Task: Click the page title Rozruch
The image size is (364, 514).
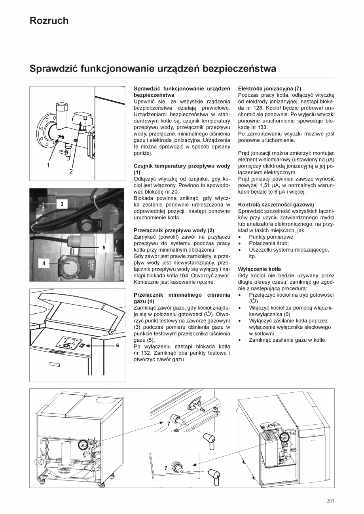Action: click(49, 21)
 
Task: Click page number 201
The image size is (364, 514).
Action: click(330, 501)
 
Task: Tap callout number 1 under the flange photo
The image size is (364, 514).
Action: click(48, 165)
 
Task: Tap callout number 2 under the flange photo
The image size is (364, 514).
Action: click(71, 171)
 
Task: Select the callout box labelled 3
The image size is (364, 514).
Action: click(62, 204)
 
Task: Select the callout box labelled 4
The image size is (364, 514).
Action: click(44, 263)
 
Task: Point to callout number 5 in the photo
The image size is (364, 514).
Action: click(104, 248)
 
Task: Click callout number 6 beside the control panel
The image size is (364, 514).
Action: click(118, 345)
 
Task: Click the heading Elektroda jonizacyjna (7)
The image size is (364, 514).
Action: click(269, 89)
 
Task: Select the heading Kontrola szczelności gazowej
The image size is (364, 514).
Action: click(276, 205)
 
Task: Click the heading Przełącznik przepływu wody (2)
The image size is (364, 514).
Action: click(174, 230)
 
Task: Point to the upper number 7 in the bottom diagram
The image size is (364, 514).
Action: click(168, 424)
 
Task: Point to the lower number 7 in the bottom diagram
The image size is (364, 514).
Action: click(166, 468)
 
